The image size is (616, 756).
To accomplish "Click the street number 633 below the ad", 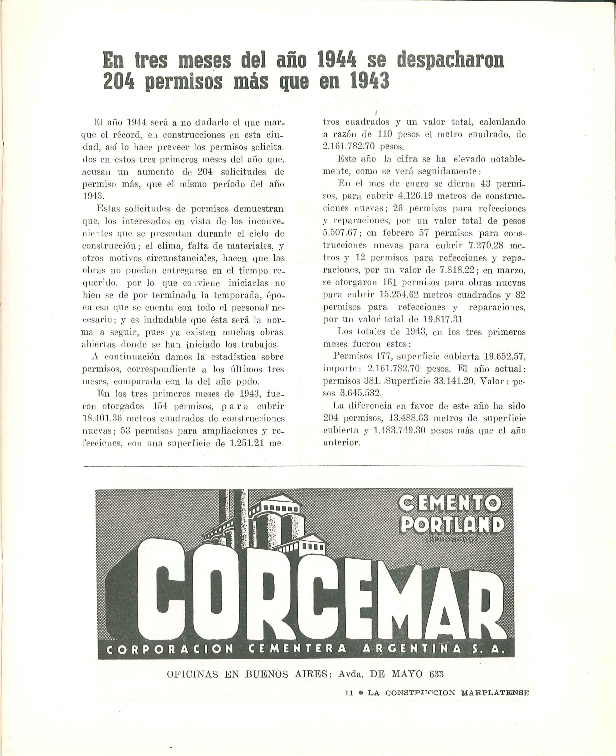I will (436, 674).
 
